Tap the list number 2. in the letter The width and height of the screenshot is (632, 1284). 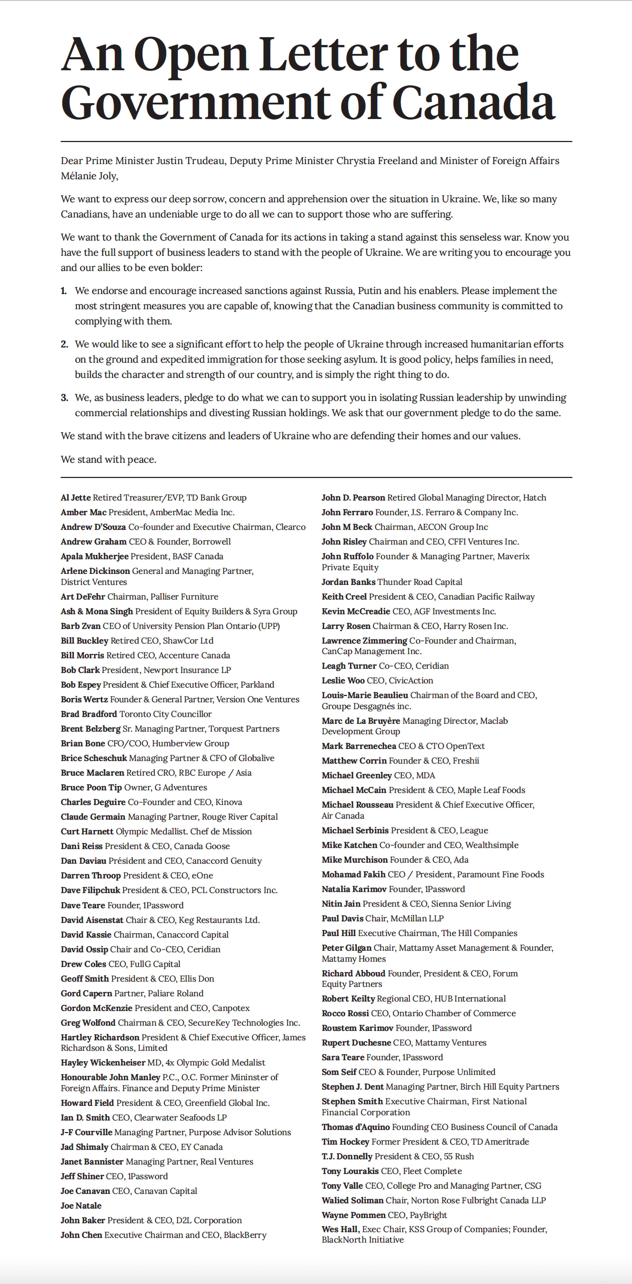(x=64, y=344)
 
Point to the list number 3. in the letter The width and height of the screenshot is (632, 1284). (x=64, y=397)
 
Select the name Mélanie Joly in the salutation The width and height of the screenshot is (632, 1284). (x=89, y=176)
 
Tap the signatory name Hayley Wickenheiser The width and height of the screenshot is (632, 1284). (x=103, y=1063)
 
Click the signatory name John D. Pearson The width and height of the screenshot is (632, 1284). (x=353, y=497)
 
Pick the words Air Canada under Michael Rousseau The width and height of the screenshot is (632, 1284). (x=343, y=816)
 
